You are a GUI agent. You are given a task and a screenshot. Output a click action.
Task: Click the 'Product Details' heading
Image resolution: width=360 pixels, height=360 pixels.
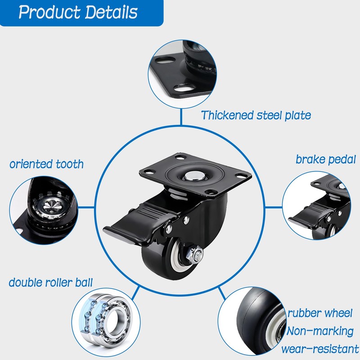[78, 12]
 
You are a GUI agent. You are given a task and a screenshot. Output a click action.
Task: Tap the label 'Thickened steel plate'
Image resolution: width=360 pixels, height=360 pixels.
[256, 115]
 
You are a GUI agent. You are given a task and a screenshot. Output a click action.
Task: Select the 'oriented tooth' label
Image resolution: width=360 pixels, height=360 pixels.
[46, 164]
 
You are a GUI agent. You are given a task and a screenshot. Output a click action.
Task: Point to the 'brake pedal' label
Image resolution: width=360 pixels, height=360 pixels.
[326, 159]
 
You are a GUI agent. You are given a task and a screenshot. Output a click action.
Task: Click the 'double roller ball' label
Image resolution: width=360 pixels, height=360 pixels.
[51, 283]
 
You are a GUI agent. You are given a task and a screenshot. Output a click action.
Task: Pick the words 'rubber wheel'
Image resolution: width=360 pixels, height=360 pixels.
[320, 313]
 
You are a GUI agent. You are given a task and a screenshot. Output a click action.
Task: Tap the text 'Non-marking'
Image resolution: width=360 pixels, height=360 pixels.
[320, 331]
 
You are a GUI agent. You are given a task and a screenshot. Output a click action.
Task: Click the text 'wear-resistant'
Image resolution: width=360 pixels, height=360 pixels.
[320, 349]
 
